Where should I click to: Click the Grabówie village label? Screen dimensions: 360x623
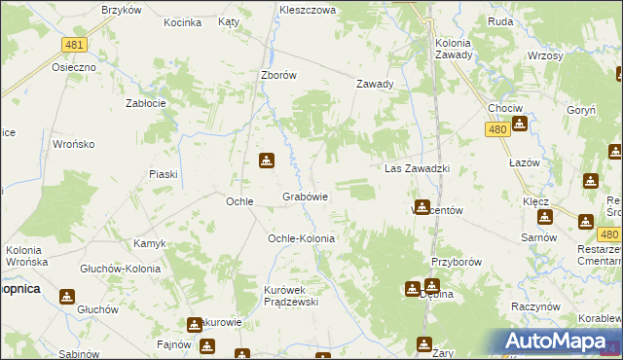coord(305,197)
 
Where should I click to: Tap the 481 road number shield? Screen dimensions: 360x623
coord(73,45)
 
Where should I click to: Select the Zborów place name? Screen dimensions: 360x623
coord(277,74)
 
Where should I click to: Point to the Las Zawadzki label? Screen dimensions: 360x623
coord(417,168)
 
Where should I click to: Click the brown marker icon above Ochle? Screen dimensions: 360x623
coord(266,161)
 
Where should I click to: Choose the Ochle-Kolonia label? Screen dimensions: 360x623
coord(301,238)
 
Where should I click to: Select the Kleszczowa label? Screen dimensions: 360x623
coord(307,9)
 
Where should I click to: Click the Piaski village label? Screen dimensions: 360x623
coord(163,174)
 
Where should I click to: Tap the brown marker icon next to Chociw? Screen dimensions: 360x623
coord(520,124)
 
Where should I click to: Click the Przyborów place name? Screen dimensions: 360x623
coord(457,262)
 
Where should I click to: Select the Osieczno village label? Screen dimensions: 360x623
coord(74,67)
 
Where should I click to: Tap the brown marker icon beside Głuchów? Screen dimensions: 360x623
coord(67,296)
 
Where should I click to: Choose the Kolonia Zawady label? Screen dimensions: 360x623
coord(454,49)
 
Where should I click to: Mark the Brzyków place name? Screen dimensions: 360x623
coord(122,9)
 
